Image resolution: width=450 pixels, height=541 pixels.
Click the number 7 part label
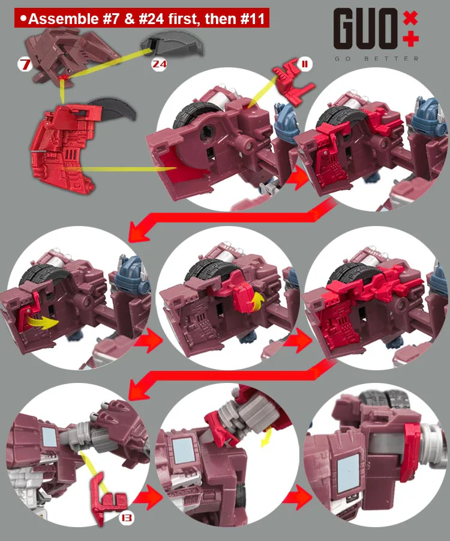tap(25, 64)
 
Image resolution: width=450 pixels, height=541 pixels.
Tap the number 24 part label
tap(160, 64)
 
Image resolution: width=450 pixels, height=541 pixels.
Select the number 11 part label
tap(305, 64)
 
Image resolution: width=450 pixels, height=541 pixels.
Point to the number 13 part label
tap(127, 518)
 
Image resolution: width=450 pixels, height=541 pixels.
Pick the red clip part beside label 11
tap(293, 82)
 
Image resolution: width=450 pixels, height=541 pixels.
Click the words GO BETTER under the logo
tap(377, 59)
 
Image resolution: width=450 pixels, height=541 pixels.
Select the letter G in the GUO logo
tap(344, 29)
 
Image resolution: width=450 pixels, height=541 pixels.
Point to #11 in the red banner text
tap(253, 19)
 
